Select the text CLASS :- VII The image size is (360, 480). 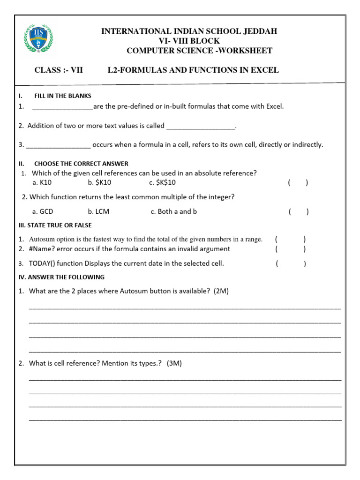click(59, 70)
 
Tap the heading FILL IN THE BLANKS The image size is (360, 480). click(63, 96)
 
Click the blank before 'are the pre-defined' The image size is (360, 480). click(63, 107)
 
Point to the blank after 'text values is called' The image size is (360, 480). click(201, 126)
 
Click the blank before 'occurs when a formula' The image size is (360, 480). click(58, 145)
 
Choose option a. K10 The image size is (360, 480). click(42, 183)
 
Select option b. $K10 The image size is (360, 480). click(99, 183)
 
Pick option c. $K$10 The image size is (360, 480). click(163, 183)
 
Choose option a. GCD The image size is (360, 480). click(43, 212)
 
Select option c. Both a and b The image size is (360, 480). click(174, 212)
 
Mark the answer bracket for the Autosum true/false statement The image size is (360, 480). click(291, 239)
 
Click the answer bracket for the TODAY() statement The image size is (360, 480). click(291, 263)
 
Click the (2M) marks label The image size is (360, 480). click(221, 291)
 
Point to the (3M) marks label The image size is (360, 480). click(174, 363)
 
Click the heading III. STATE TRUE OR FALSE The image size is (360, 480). click(55, 225)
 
